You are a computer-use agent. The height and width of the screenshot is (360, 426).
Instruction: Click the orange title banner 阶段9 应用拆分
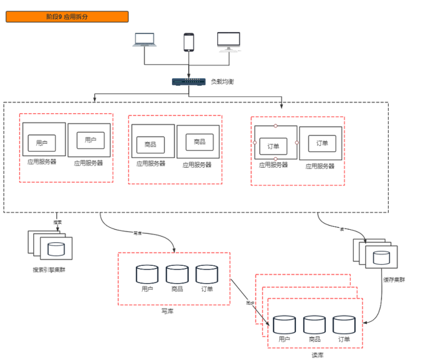(x=67, y=17)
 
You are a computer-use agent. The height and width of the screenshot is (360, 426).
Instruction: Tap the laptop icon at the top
(x=144, y=41)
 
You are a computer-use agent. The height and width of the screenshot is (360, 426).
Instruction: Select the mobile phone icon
(x=189, y=42)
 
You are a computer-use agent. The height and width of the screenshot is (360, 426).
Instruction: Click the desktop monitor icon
(x=229, y=41)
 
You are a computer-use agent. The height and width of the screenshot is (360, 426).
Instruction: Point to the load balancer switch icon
(x=188, y=82)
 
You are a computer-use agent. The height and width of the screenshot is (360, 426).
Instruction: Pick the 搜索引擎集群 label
(x=50, y=269)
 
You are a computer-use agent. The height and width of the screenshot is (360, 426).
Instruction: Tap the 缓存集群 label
(x=393, y=279)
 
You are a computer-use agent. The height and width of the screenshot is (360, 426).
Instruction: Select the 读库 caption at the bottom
(x=318, y=355)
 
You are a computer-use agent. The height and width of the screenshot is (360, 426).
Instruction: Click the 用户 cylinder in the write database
(x=147, y=274)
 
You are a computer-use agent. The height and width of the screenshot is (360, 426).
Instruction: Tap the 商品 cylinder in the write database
(x=177, y=274)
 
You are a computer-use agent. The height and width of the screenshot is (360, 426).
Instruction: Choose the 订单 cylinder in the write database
(x=206, y=274)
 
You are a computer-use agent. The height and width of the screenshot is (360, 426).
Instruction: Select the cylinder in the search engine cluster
(x=57, y=248)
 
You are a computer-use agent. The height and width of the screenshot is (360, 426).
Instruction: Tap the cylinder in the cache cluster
(x=382, y=257)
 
